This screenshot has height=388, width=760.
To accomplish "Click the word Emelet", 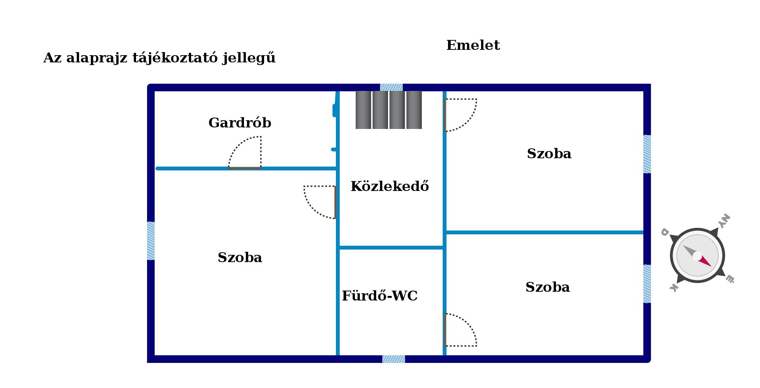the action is [x=473, y=45].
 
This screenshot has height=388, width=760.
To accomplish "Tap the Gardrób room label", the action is [x=240, y=123].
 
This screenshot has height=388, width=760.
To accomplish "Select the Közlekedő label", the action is [x=390, y=186].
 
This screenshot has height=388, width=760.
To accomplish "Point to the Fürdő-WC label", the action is [x=380, y=296].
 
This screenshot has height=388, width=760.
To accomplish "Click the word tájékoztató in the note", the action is [x=175, y=58].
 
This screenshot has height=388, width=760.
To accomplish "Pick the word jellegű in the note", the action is [x=249, y=58].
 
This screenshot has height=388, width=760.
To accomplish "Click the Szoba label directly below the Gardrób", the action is [x=240, y=258].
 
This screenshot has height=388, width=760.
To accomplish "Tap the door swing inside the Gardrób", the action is [x=245, y=152].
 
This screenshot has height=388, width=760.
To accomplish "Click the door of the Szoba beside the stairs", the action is [x=460, y=115].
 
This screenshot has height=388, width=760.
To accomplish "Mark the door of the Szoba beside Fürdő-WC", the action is [x=460, y=330].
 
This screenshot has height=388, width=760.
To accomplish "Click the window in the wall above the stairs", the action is [x=391, y=87].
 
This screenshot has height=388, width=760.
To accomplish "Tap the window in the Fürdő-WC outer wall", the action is [x=394, y=359].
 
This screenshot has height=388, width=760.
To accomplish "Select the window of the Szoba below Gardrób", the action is [x=151, y=241].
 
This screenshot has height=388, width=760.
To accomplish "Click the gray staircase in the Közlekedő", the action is [x=389, y=110].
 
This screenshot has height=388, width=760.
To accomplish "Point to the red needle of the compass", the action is [x=704, y=261].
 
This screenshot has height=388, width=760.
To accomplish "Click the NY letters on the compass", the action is [x=724, y=220].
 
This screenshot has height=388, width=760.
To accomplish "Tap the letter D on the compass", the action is [x=665, y=231].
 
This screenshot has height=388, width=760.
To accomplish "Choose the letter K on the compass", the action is [x=674, y=288].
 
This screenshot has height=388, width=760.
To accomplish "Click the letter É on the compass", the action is [x=730, y=279].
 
